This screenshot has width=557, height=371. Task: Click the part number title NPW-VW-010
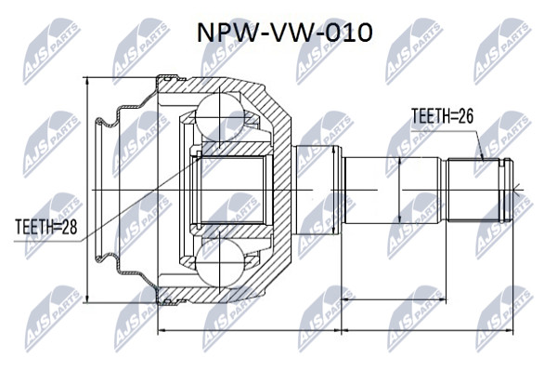[x=285, y=33]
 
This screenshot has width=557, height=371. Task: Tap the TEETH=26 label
[x=442, y=116]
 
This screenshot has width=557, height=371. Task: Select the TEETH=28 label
[x=46, y=227]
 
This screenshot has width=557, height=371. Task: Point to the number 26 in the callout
[x=465, y=116]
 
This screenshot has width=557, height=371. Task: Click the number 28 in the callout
[x=69, y=227]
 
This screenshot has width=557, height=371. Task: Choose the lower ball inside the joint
[x=219, y=262]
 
